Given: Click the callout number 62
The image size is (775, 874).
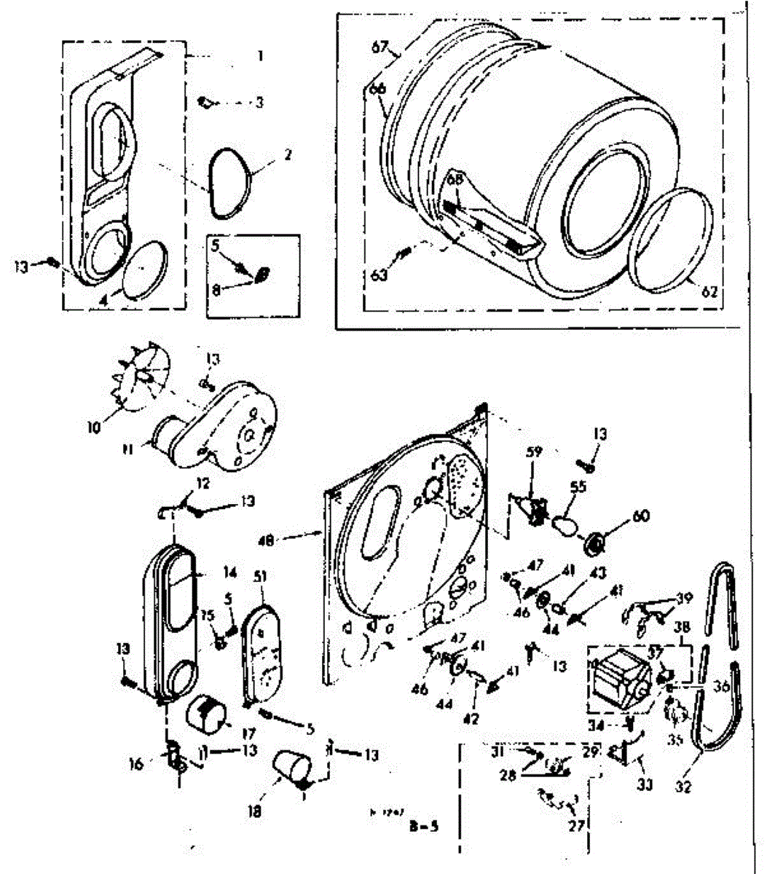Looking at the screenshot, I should click(x=709, y=292).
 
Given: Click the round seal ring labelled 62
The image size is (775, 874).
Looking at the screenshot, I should click(x=670, y=240).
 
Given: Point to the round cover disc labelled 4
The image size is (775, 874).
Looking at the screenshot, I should click(x=141, y=269).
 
